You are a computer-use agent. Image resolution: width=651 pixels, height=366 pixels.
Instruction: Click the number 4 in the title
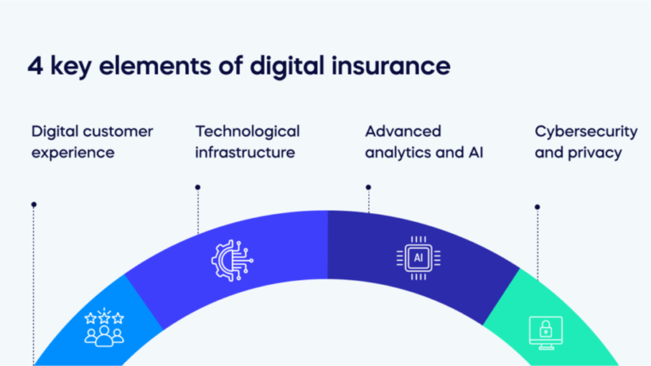pos(36,66)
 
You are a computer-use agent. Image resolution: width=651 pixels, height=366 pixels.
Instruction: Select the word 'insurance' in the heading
pos(391,65)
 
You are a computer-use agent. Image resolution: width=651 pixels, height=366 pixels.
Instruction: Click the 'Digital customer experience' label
pos(92,142)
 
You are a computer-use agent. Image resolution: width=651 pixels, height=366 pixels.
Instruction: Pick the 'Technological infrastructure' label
pos(247,142)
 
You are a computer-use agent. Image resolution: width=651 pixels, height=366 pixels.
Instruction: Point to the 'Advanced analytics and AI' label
pos(424,142)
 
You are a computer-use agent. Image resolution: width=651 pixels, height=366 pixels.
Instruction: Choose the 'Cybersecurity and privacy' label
pos(586,142)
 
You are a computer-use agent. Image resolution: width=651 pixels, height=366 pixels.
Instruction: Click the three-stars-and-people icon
pos(104,327)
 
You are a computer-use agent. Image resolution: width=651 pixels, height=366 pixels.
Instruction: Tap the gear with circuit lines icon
pos(232,261)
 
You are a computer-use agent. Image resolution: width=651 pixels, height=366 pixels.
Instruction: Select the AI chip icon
pos(418,258)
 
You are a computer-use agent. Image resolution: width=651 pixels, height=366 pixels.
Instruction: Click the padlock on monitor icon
pos(546,333)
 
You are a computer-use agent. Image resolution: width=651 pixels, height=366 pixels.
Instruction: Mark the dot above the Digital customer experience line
pos(34,205)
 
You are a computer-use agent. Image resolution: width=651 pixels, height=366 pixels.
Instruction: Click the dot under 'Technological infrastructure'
pos(198,187)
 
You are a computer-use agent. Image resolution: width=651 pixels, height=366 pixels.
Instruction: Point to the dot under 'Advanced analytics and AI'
pos(368,187)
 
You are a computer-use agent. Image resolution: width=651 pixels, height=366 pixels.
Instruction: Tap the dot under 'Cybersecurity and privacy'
pos(537,207)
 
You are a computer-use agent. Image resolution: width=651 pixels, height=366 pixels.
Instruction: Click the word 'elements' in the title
pos(155,66)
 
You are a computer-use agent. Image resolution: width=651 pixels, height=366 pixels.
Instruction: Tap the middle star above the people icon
pos(104,318)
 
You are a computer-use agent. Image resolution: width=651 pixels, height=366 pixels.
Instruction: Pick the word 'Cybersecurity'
pos(586,132)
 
